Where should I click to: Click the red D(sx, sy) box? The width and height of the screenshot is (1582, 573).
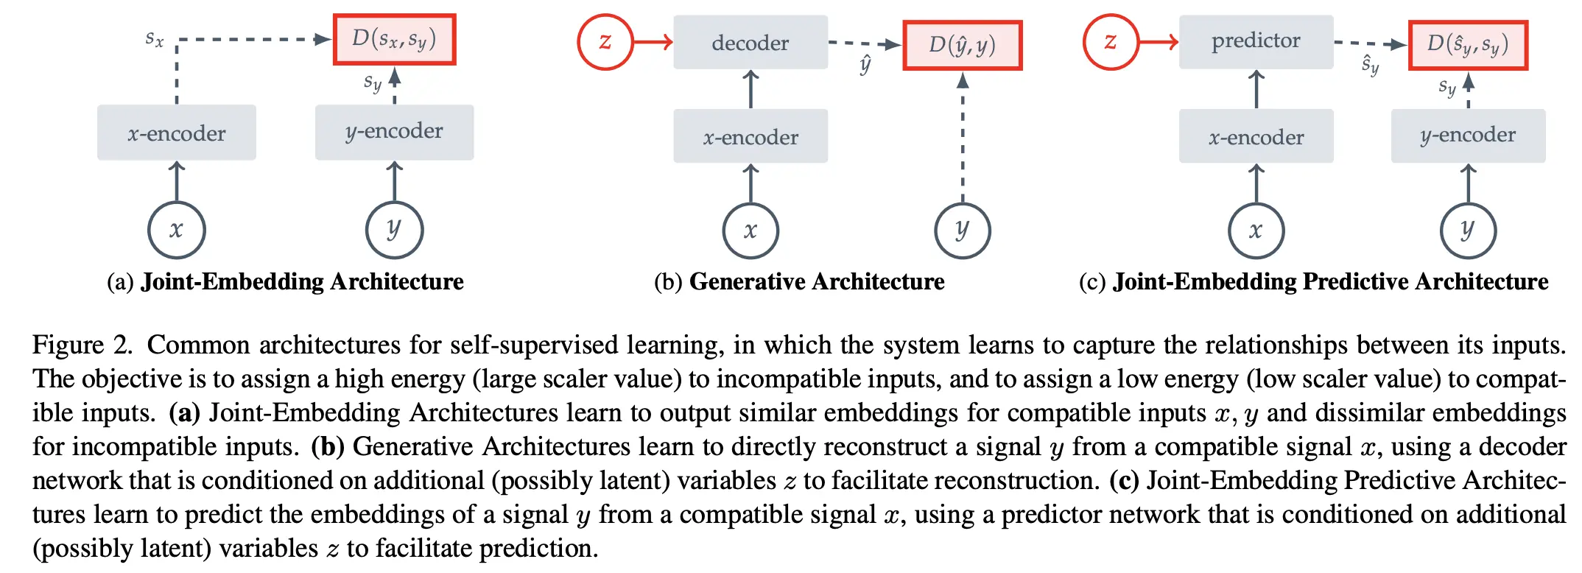[394, 39]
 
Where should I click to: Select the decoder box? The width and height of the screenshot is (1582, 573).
[750, 43]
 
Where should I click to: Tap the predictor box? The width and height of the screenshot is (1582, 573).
[1256, 41]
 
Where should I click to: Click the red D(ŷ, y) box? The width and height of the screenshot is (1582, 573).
[962, 46]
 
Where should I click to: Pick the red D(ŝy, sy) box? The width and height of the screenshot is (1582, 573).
[1467, 45]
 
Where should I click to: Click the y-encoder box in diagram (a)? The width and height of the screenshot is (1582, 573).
[394, 132]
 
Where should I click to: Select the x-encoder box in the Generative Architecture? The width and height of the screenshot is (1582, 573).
[750, 137]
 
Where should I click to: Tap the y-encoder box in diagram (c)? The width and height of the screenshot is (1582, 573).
[1467, 136]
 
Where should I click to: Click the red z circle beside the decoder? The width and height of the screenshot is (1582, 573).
[605, 42]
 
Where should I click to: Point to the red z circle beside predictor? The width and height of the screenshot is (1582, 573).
[1110, 42]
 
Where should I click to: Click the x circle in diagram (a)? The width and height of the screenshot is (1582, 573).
[176, 230]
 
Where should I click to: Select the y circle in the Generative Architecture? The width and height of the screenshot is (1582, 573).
[962, 230]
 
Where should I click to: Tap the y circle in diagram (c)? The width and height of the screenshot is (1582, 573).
[1467, 230]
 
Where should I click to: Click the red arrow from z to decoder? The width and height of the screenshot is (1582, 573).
[653, 42]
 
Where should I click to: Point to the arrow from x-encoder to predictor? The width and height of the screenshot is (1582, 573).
[1256, 89]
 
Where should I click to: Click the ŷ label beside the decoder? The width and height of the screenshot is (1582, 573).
[865, 65]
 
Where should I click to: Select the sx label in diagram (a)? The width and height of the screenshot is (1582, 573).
[154, 38]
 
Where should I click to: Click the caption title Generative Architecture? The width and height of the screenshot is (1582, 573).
[816, 281]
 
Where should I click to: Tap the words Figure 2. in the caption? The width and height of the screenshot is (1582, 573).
[82, 345]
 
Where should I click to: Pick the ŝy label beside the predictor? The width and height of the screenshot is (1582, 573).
[1370, 65]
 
